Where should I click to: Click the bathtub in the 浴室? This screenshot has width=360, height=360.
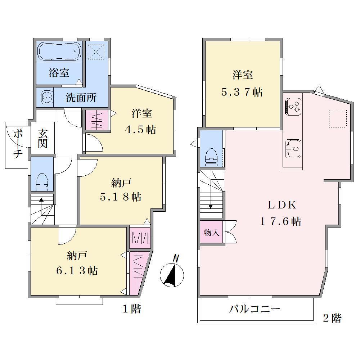pyautogui.click(x=59, y=51)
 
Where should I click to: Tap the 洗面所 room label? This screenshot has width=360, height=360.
pyautogui.click(x=81, y=98)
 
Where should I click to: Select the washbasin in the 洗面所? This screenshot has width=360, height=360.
pyautogui.click(x=47, y=97)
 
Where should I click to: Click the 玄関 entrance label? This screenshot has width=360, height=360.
pyautogui.click(x=43, y=139)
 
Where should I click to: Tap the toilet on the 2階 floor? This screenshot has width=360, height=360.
pyautogui.click(x=211, y=157)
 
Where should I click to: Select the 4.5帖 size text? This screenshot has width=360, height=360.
pyautogui.click(x=140, y=130)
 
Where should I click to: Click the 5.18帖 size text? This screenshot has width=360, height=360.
pyautogui.click(x=121, y=197)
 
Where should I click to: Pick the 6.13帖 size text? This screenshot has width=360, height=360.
pyautogui.click(x=77, y=271)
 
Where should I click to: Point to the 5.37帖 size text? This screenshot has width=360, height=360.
pyautogui.click(x=242, y=92)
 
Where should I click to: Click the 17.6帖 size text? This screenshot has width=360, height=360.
pyautogui.click(x=280, y=221)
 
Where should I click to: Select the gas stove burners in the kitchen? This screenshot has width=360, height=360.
pyautogui.click(x=293, y=107)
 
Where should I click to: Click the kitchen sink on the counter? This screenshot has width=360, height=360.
pyautogui.click(x=293, y=149)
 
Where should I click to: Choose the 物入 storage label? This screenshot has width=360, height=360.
pyautogui.click(x=211, y=233)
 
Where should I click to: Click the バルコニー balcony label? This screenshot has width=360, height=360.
pyautogui.click(x=255, y=309)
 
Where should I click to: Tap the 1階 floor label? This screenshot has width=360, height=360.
pyautogui.click(x=132, y=309)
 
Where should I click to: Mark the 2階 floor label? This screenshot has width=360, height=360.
pyautogui.click(x=332, y=318)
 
